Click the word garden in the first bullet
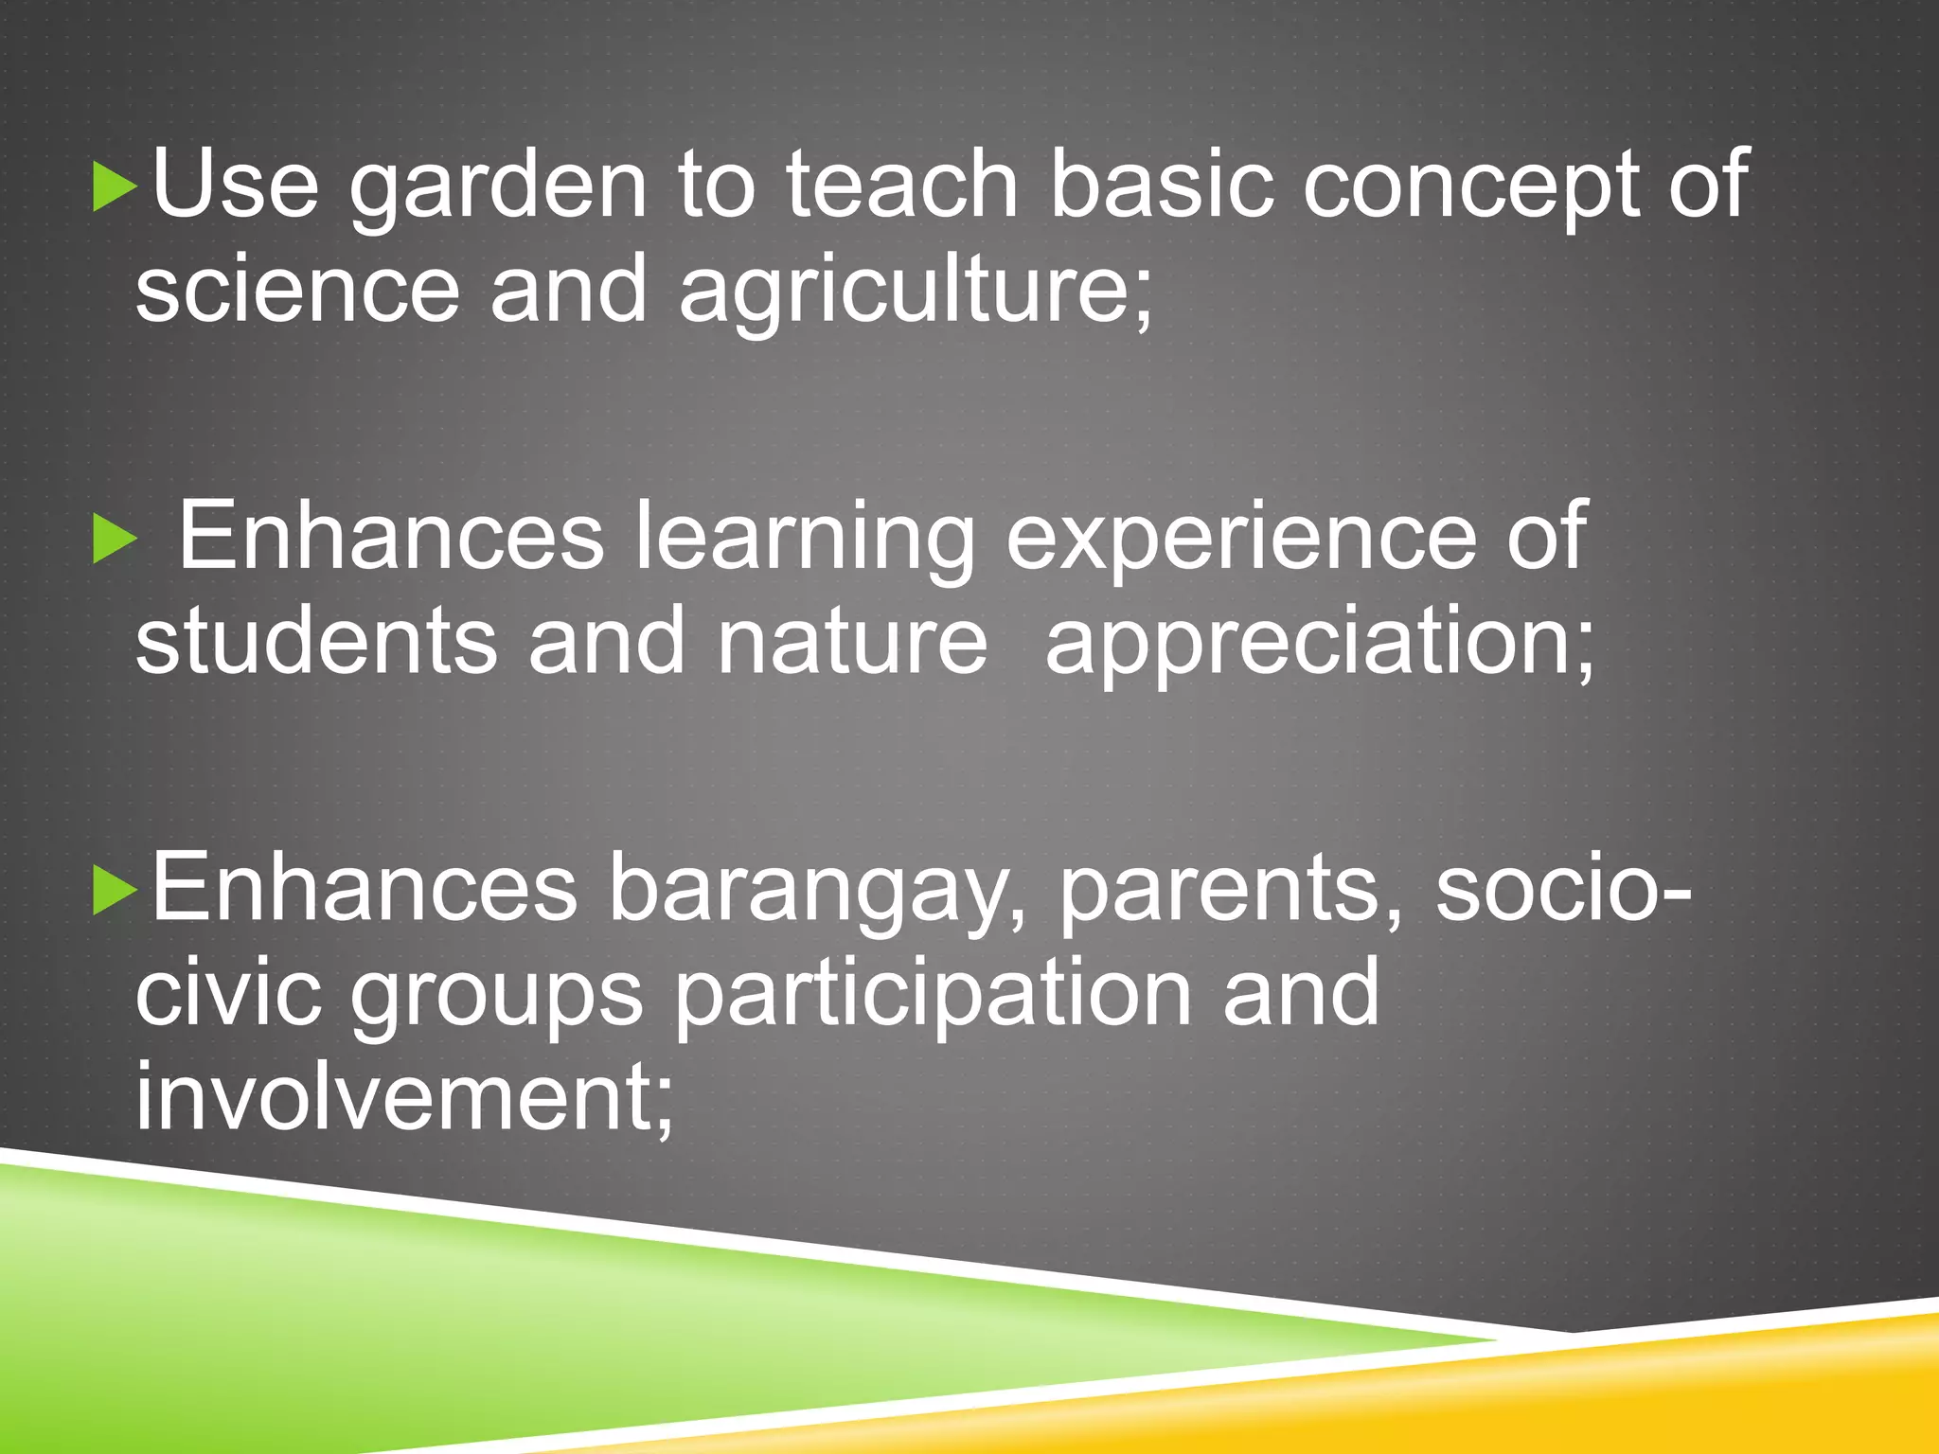[498, 189]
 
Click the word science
[296, 289]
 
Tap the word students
[316, 642]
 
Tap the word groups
[496, 998]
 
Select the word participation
[933, 998]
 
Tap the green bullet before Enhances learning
[115, 541]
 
